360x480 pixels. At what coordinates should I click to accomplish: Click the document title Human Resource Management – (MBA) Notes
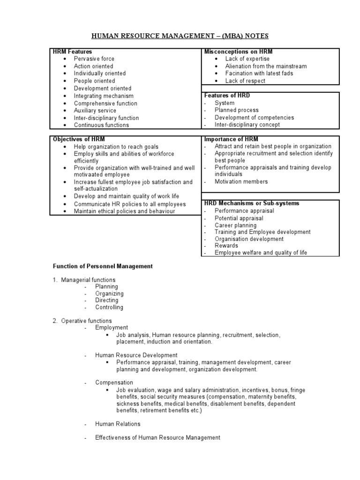coord(180,36)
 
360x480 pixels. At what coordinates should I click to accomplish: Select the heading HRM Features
coord(72,52)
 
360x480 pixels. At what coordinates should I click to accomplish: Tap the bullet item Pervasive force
coord(94,59)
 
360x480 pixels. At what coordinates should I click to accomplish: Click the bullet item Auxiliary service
coord(95,111)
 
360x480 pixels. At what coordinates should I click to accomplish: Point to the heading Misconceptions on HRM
coord(238,52)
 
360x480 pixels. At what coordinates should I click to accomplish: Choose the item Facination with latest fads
coord(259,74)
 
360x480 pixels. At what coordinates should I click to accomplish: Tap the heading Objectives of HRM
coord(79,140)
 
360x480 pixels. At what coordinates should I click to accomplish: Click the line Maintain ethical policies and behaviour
coord(124,211)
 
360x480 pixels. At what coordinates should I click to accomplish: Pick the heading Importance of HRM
coord(231,140)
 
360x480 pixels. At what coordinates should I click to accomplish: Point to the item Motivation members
coord(241,182)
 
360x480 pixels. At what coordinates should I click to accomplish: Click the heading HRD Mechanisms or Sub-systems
coord(251,203)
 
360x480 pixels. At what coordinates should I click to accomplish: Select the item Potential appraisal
coord(239,218)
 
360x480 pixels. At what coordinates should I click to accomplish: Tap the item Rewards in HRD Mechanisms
coord(226,246)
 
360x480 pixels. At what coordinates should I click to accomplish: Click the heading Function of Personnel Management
coord(102,266)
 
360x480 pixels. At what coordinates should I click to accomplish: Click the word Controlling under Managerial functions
coord(109,307)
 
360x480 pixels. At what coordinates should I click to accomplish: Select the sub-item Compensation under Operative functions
coord(114,382)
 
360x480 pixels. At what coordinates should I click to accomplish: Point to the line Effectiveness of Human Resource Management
coord(157,438)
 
